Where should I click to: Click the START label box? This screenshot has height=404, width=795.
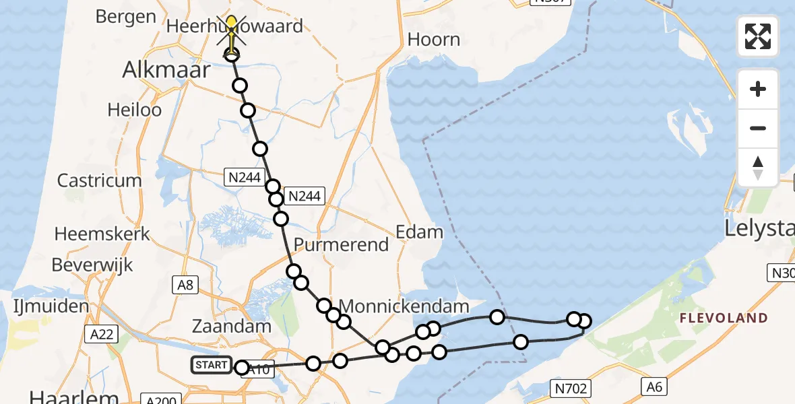[211, 365]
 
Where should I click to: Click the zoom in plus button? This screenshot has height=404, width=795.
[758, 89]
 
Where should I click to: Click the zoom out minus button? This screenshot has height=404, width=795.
[758, 128]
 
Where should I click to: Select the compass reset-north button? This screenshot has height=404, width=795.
[758, 168]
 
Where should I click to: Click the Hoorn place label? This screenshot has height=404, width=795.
[434, 39]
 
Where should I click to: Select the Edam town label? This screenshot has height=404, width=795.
[419, 232]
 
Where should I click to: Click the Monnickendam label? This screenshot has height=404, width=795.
[403, 306]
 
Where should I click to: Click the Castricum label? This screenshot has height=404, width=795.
[100, 180]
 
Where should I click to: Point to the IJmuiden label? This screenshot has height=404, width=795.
[51, 307]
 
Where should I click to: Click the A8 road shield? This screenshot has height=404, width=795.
[185, 285]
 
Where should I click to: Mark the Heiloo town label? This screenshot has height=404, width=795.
[135, 109]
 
